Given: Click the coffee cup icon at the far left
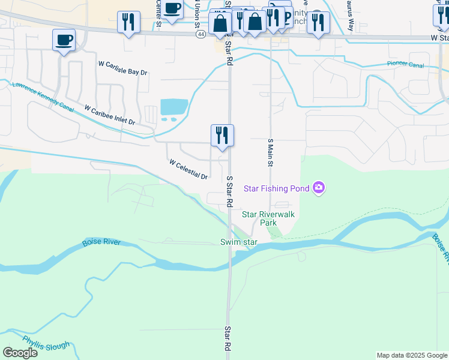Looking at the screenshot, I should click(64, 40).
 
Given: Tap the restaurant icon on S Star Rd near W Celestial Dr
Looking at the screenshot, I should click(222, 136).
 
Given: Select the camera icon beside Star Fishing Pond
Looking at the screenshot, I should click(319, 188).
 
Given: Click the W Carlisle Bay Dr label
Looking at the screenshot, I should click(123, 67).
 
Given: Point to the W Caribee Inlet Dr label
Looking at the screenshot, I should click(110, 115).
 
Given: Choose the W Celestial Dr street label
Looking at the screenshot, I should click(188, 169).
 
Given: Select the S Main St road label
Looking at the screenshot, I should click(270, 152).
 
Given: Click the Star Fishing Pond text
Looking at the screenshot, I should click(276, 189).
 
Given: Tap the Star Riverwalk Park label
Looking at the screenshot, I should click(268, 218).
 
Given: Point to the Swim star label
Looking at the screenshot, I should click(238, 242).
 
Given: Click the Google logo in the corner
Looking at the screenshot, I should click(20, 352).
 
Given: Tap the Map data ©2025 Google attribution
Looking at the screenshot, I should click(412, 355).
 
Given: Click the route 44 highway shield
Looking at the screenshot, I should click(199, 35).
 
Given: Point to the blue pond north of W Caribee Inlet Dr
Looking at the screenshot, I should click(174, 107).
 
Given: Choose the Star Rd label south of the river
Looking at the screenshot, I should click(228, 339).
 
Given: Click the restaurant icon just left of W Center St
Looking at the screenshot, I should click(128, 22).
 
